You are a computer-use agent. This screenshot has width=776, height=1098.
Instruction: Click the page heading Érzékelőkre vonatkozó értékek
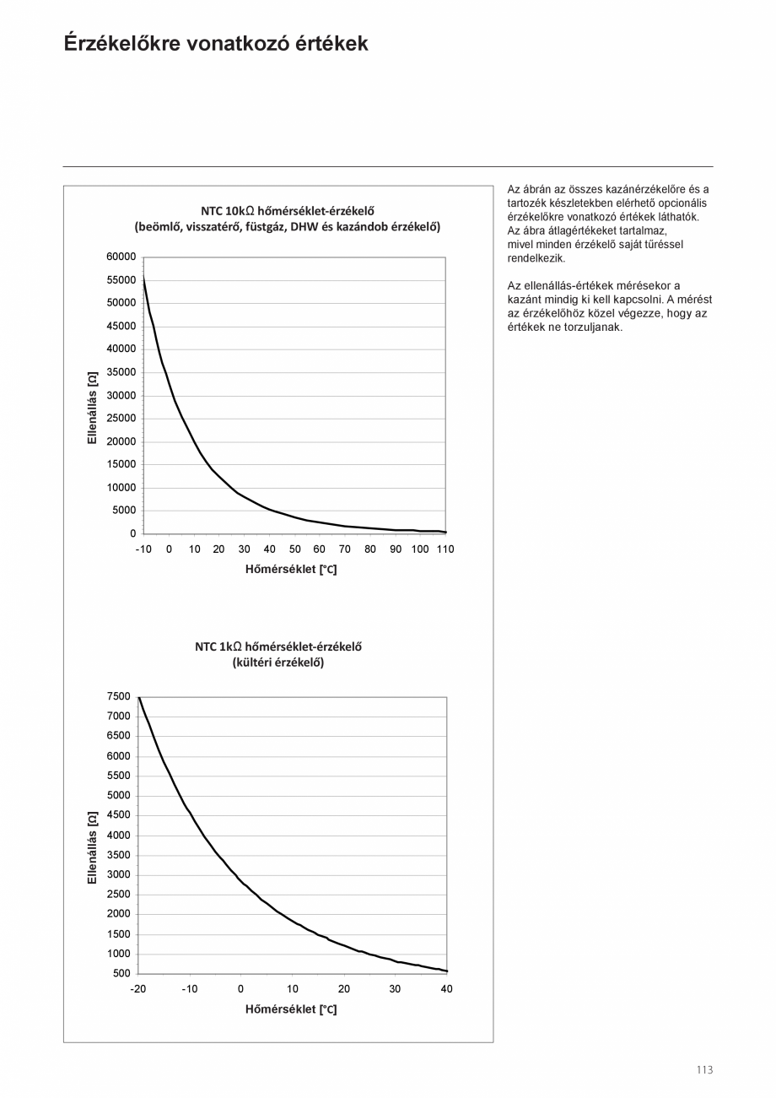point(216,44)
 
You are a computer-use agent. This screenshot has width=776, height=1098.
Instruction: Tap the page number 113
point(704,1070)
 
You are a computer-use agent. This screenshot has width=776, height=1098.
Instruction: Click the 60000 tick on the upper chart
point(121,257)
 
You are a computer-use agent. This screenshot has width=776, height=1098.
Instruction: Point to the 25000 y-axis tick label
point(121,418)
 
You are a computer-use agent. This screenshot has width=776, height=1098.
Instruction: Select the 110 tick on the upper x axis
point(445,549)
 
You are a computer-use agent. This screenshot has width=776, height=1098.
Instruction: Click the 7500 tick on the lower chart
point(119,696)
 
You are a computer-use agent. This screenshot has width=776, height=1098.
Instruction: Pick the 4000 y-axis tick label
point(119,836)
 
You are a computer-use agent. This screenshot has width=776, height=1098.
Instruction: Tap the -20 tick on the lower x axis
point(138,988)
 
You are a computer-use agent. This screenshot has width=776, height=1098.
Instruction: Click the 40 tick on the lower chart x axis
point(447,988)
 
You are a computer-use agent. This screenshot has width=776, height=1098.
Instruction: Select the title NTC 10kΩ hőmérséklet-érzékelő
point(287,210)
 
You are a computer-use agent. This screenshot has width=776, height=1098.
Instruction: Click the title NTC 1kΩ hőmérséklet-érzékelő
point(278,647)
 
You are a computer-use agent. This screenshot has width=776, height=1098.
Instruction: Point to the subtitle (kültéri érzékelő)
point(278,663)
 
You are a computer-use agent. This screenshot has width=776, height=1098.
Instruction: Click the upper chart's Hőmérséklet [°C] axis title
point(291,570)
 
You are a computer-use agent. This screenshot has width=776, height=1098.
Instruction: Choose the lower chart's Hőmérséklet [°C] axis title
point(291,1009)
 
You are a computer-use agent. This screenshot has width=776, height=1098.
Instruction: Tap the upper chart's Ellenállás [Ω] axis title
point(93,407)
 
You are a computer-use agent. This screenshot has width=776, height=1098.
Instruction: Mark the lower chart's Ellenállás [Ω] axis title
point(93,847)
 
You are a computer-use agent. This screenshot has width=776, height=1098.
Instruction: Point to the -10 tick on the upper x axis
point(143,549)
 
